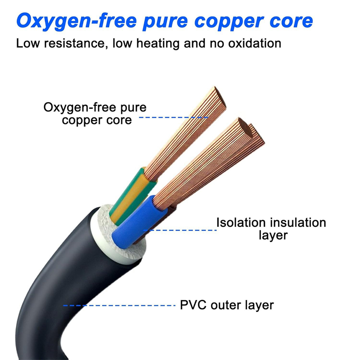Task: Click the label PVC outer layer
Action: pyautogui.click(x=227, y=305)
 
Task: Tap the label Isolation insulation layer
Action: pyautogui.click(x=271, y=229)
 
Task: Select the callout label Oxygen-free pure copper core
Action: pyautogui.click(x=95, y=114)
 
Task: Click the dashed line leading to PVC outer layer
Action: pyautogui.click(x=119, y=306)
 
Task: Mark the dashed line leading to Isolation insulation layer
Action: pyautogui.click(x=180, y=230)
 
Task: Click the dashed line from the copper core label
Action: pyautogui.click(x=173, y=118)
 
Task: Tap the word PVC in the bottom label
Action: pyautogui.click(x=192, y=305)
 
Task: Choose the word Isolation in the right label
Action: pyautogui.click(x=241, y=222)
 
